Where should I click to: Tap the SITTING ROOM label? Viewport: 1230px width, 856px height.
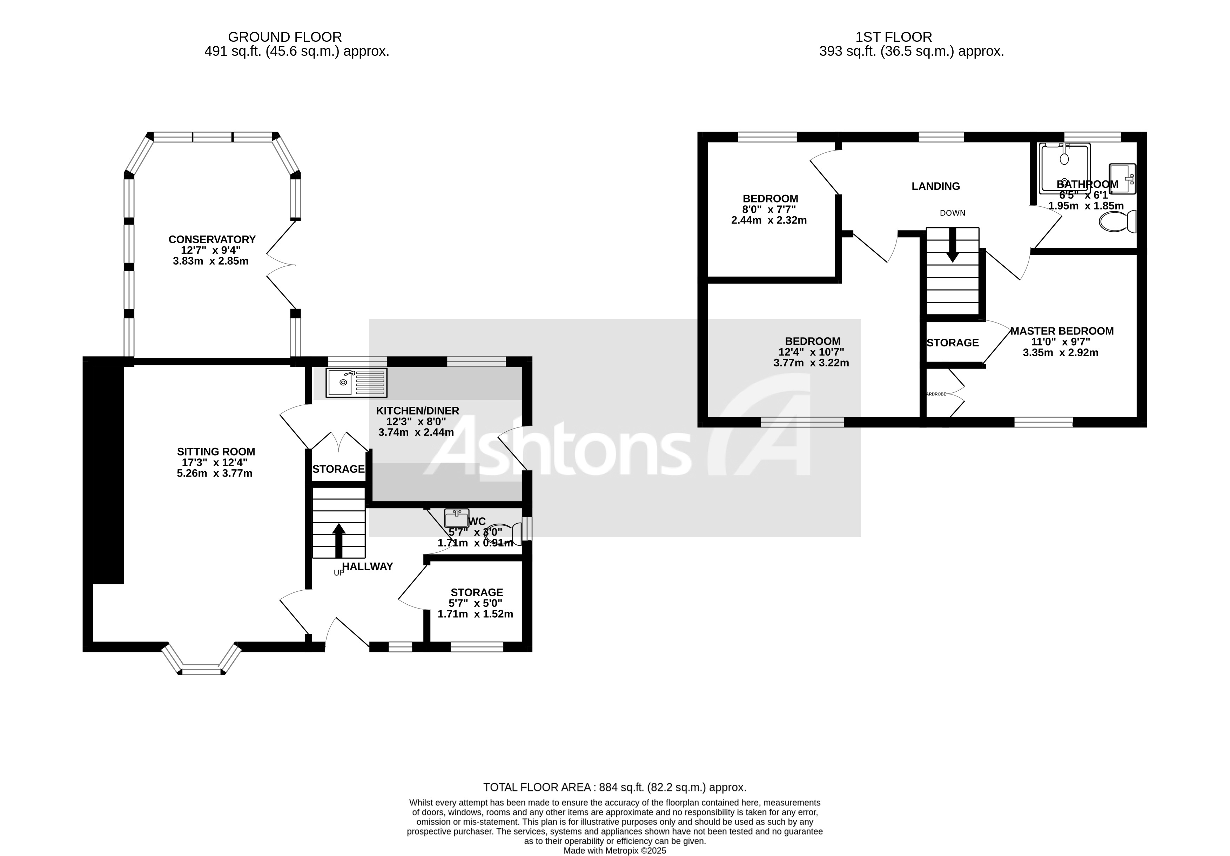click(216, 452)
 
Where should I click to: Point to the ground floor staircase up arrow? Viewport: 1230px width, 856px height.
click(338, 540)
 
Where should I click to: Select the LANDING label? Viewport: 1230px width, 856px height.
click(935, 186)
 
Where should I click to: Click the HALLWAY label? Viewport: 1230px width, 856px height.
click(368, 566)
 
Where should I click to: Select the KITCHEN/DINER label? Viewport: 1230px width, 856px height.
click(417, 411)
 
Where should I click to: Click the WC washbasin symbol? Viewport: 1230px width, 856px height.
click(456, 518)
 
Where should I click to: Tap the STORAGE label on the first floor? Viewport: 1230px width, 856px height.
click(953, 343)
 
